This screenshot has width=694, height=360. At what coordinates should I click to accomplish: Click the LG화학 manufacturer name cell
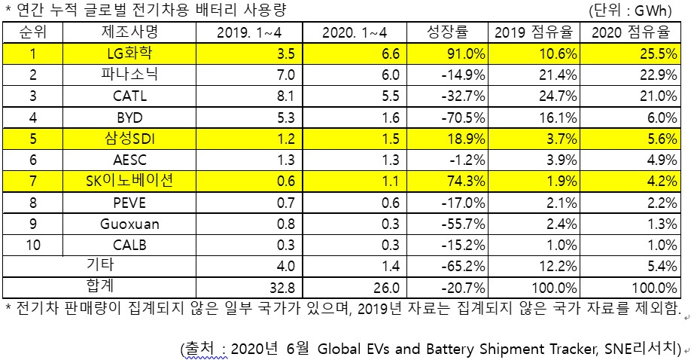pos(129,53)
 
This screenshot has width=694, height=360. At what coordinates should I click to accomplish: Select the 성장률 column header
pos(447,32)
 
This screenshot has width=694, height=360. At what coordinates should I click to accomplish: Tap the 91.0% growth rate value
pos(464,54)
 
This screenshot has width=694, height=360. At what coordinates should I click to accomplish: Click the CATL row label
pos(129,96)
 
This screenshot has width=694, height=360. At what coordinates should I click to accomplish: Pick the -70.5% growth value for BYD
pos(464,117)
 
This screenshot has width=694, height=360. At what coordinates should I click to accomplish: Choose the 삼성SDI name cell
pos(129,139)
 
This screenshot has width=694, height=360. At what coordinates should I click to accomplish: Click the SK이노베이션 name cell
pos(129,181)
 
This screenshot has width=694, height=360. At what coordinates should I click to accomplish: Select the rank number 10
pos(33,245)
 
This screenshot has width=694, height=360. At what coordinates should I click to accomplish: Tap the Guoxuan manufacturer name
pos(129,224)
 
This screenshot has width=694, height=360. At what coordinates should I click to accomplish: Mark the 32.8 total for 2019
pos(282,288)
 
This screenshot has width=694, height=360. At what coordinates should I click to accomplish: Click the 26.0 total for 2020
pos(386,288)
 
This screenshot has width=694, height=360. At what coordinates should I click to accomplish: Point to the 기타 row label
pos(100,265)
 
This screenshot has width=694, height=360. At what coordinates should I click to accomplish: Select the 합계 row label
pos(100,286)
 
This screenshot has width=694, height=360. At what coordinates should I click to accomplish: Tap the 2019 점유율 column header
pos(534,32)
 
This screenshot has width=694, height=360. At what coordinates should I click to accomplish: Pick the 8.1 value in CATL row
pos(286,96)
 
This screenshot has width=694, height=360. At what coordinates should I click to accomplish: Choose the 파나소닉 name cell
pos(129,74)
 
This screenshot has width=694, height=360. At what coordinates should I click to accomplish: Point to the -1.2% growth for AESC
pos(467,160)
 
